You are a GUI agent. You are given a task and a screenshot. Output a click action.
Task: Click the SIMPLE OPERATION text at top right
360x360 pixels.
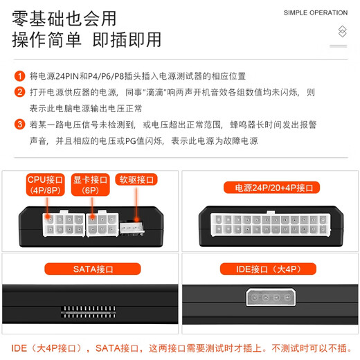click(x=316, y=12)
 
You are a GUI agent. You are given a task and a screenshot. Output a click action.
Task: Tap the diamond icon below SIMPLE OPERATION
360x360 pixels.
click(x=341, y=31)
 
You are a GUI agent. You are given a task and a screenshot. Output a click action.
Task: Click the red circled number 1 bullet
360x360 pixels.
click(x=19, y=75)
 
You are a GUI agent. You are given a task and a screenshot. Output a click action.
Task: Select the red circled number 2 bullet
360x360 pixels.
click(x=19, y=92)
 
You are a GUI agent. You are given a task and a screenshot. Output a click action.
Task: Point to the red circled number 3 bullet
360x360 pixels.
click(x=19, y=125)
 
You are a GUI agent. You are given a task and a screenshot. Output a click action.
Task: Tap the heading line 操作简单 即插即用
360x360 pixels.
click(x=87, y=39)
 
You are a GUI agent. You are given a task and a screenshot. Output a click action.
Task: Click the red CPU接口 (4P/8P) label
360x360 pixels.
click(x=46, y=185)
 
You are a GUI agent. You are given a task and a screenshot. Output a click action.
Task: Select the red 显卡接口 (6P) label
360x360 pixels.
click(x=91, y=185)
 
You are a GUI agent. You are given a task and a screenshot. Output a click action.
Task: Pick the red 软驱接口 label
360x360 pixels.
click(x=136, y=179)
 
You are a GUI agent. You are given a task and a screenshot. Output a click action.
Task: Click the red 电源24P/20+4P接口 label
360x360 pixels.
click(x=269, y=187)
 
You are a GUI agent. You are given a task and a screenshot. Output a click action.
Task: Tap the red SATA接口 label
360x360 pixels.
click(x=89, y=269)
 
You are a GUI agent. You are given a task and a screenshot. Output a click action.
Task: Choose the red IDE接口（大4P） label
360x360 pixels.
click(x=269, y=269)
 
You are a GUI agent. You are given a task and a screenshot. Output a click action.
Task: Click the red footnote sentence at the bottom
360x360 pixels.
click(x=180, y=347)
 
